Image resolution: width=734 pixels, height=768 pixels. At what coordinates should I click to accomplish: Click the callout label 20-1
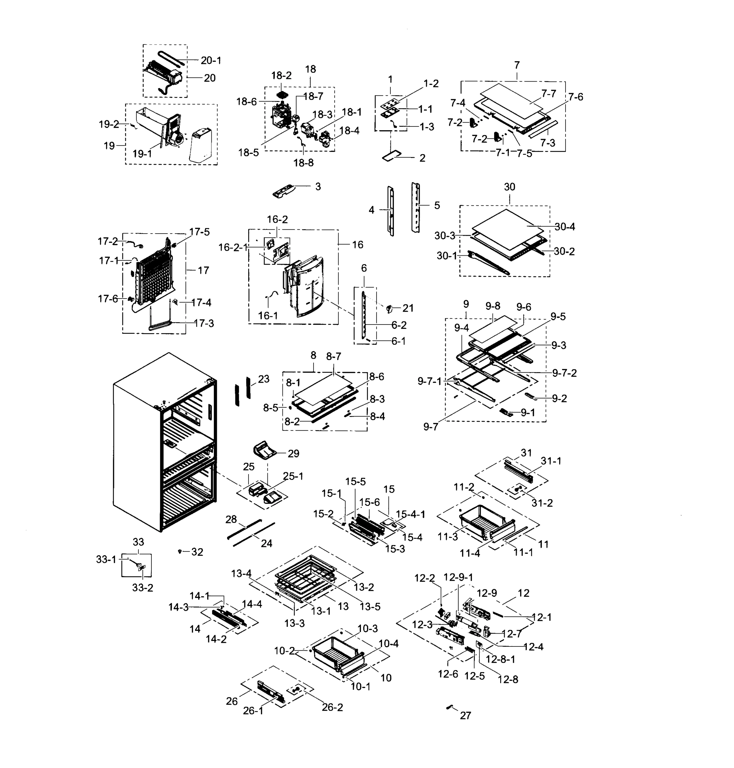click(211, 60)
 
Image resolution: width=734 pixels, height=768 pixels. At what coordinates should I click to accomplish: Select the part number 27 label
click(465, 716)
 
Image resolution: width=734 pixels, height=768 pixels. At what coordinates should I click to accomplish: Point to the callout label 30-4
click(565, 227)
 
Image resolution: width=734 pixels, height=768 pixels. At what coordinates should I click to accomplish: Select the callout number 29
click(293, 454)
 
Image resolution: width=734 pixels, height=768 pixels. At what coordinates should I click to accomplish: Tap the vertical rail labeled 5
click(415, 207)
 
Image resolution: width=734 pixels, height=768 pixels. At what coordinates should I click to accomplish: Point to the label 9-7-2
click(564, 373)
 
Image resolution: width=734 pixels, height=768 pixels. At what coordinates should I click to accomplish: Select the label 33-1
click(106, 560)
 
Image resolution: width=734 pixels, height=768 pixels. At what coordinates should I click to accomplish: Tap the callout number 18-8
click(304, 163)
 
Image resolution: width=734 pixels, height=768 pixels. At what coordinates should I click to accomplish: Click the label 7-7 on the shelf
click(549, 93)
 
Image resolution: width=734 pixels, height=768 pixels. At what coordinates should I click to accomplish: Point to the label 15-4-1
click(411, 514)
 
